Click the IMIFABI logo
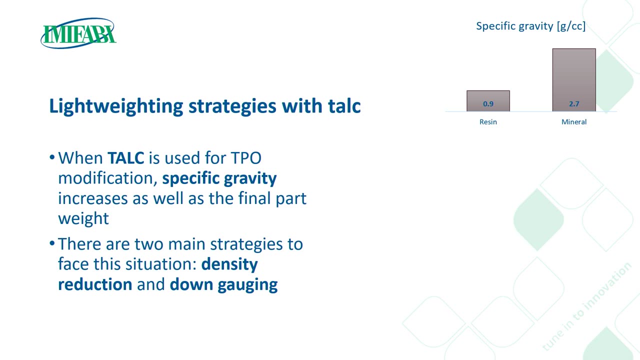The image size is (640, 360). pos(78,33)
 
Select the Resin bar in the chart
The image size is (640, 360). pos(488,101)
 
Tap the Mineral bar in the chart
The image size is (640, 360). pos(574,79)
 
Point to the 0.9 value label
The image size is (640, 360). pos(488,103)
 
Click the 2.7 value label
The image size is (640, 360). pos(574,103)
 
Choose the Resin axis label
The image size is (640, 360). pos(488,122)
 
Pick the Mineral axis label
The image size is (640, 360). pos(574,122)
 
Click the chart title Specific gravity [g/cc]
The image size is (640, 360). pos(530,26)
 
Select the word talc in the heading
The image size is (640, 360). pos(344,106)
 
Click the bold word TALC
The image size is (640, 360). pos(125,158)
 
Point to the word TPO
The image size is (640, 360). pos(246,158)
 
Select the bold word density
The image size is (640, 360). pos(229,264)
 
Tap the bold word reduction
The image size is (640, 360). pos(95,284)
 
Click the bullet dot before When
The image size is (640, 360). pos(51,157)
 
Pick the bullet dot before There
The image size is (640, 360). pos(51,243)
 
